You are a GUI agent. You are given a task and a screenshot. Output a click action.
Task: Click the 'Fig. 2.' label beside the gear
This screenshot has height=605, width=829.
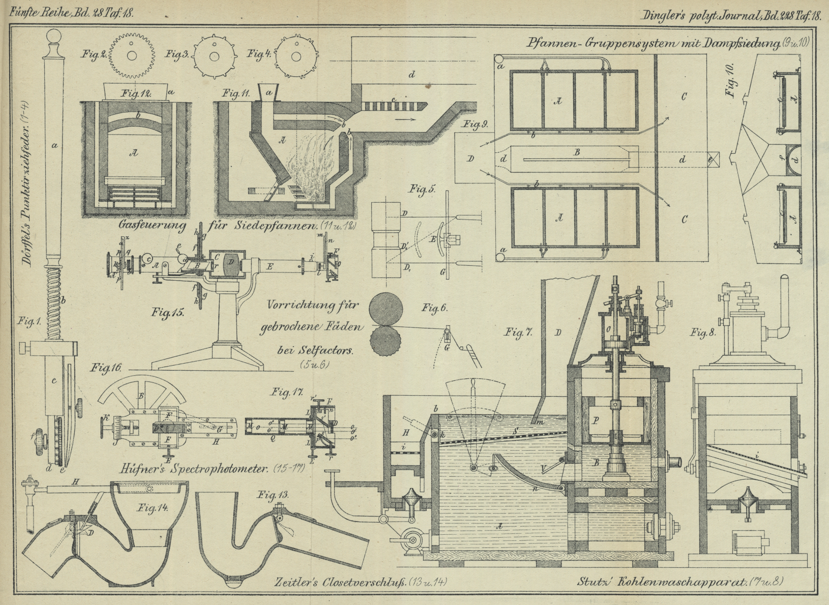pos(94,54)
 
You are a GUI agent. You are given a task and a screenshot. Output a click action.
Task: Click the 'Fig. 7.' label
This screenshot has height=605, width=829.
pos(518,333)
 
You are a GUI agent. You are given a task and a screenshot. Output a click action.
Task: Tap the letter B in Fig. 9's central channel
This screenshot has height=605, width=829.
pos(577,152)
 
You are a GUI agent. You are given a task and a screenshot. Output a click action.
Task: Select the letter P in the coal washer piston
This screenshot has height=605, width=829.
pos(596,421)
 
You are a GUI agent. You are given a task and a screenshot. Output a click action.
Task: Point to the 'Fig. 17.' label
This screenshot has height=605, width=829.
pos(287,392)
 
